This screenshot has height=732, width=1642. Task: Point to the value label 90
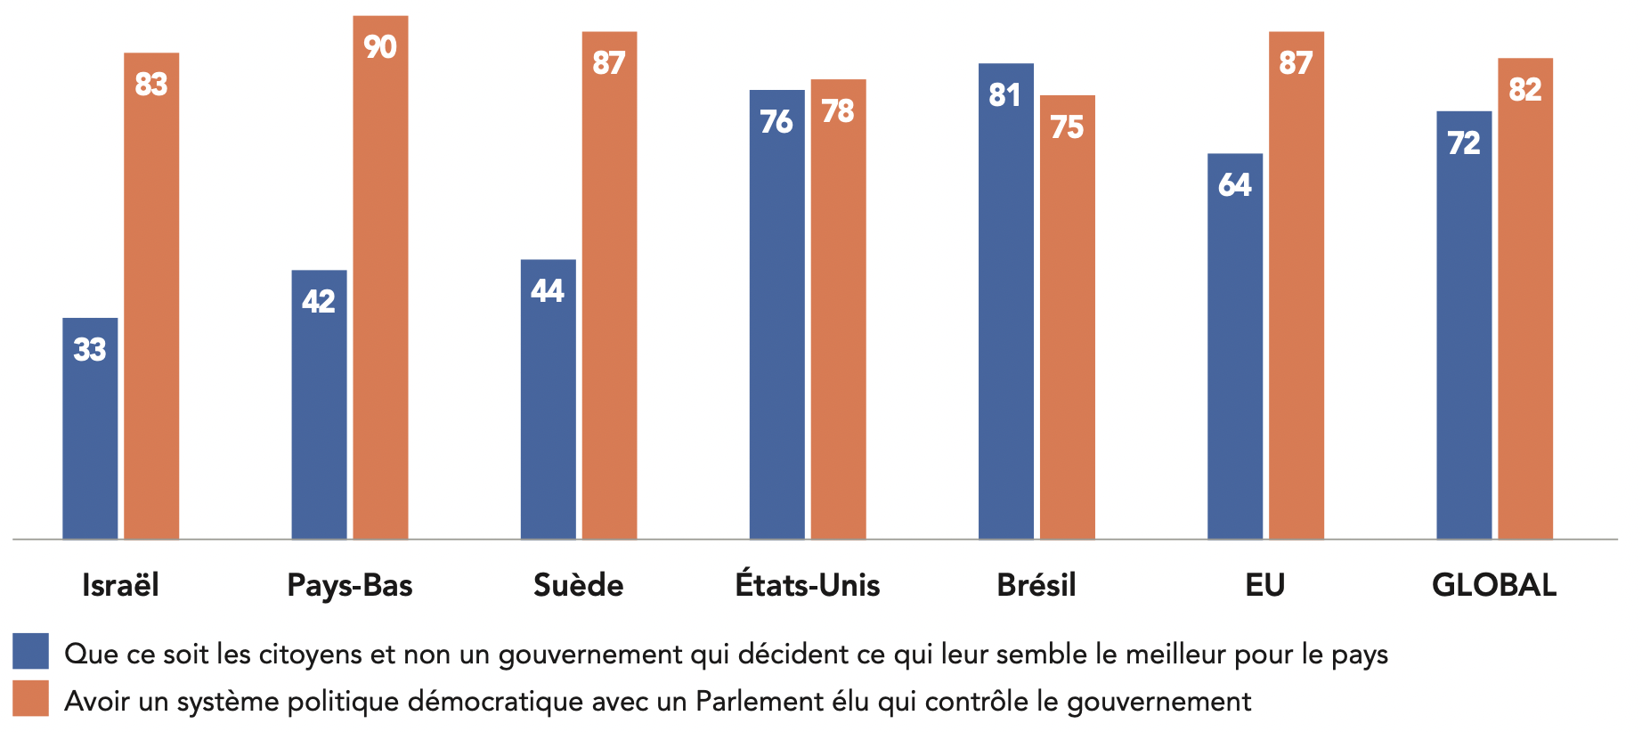click(380, 47)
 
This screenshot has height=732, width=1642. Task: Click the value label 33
click(90, 349)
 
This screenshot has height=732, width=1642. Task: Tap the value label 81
click(1005, 95)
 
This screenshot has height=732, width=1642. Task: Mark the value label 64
click(1234, 185)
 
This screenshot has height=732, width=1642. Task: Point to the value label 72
click(1464, 143)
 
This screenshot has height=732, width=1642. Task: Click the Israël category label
click(120, 585)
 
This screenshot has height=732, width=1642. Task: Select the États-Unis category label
click(808, 585)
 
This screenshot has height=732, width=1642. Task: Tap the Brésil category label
click(1036, 585)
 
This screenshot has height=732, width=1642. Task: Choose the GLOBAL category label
click(1494, 585)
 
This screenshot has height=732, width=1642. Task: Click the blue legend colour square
click(30, 651)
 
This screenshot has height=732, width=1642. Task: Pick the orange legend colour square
click(30, 699)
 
